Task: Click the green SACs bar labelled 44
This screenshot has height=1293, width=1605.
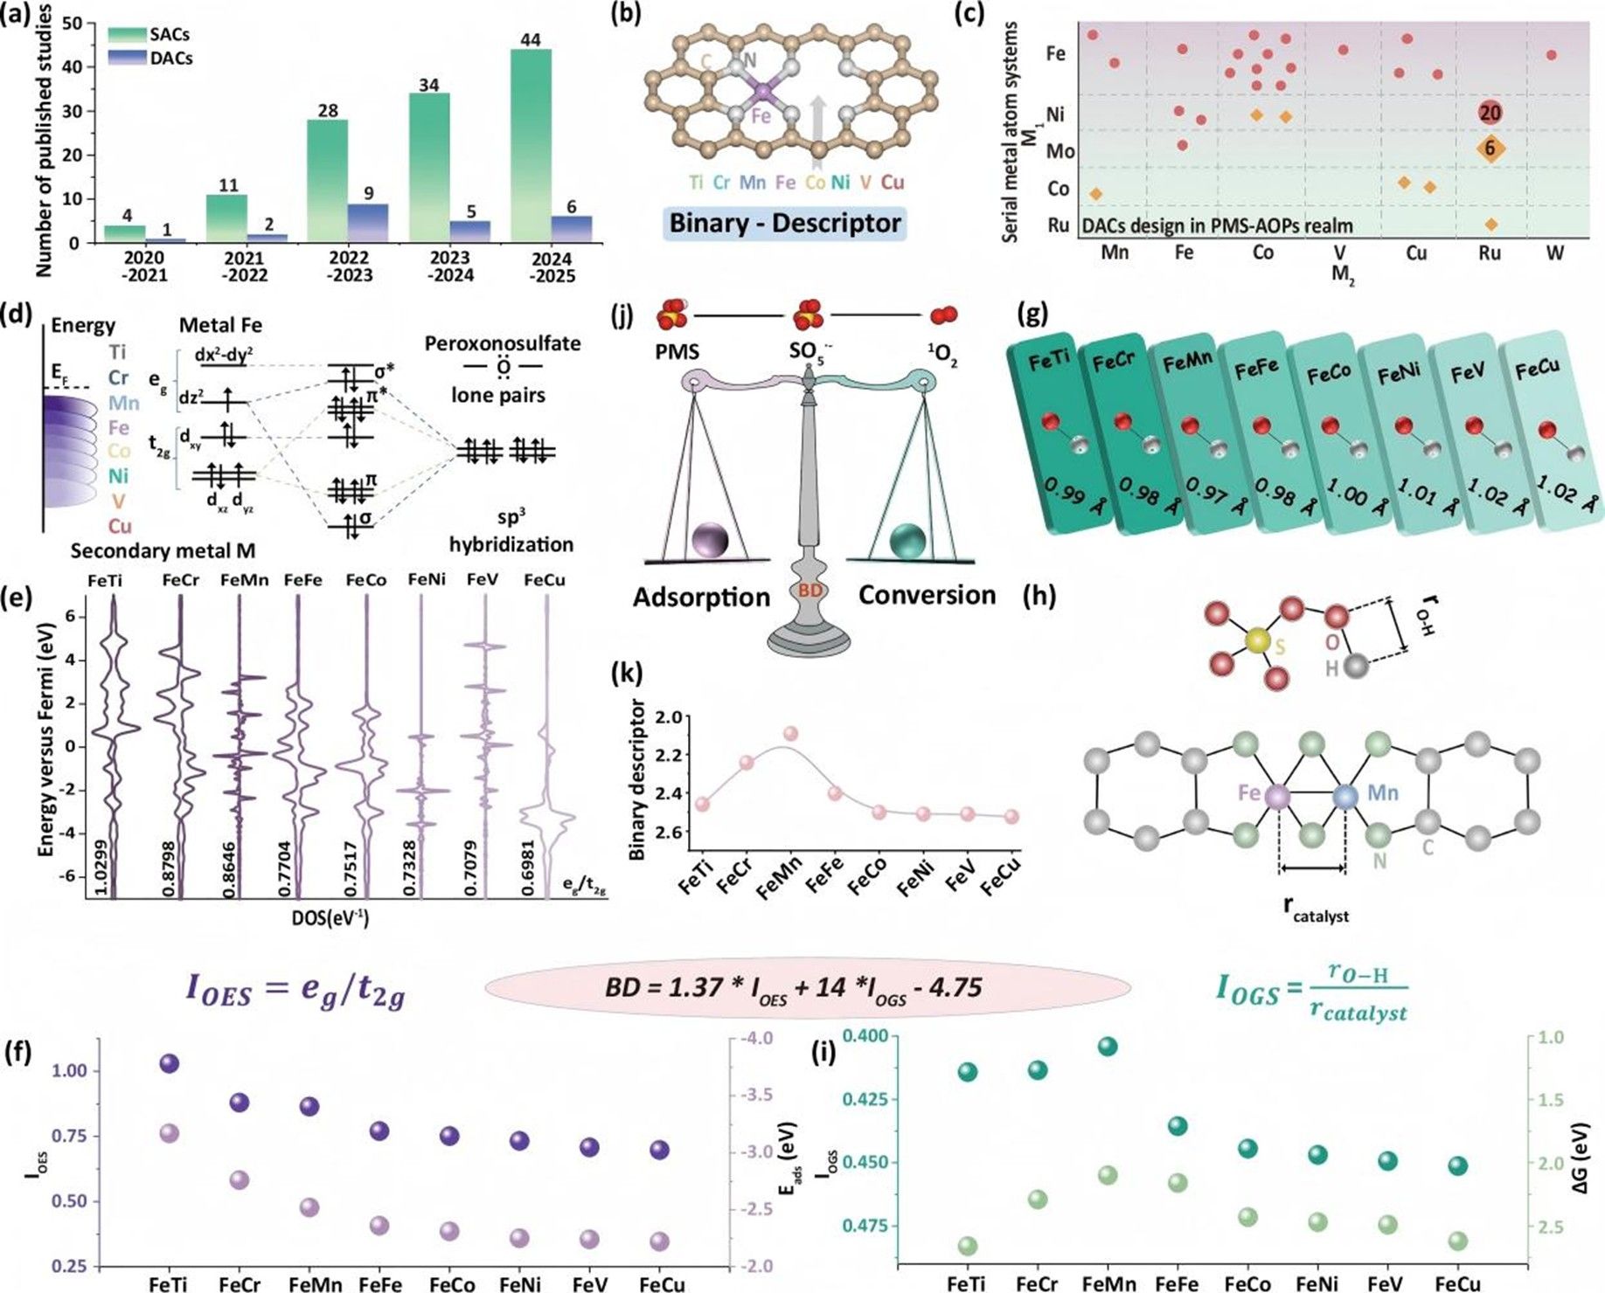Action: (x=531, y=145)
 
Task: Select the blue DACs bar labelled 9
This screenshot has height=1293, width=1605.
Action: (x=368, y=223)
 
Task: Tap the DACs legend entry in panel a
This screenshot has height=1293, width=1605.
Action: (x=149, y=59)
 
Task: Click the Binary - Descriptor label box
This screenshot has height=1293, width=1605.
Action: (x=784, y=224)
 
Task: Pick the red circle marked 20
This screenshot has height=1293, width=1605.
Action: (x=1490, y=113)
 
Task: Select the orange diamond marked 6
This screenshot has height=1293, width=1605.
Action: (x=1490, y=149)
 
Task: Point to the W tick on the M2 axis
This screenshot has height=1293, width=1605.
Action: (x=1553, y=252)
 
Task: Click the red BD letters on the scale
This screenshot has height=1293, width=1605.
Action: (x=810, y=591)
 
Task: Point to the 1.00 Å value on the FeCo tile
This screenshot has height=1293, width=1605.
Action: (x=1351, y=495)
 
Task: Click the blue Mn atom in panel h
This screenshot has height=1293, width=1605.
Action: (x=1344, y=795)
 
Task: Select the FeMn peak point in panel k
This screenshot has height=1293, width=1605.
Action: (x=790, y=734)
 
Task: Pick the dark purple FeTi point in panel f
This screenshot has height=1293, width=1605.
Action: (x=170, y=1063)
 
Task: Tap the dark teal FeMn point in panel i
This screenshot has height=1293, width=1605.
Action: (x=1108, y=1047)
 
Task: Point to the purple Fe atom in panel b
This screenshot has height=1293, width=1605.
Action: (x=763, y=90)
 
